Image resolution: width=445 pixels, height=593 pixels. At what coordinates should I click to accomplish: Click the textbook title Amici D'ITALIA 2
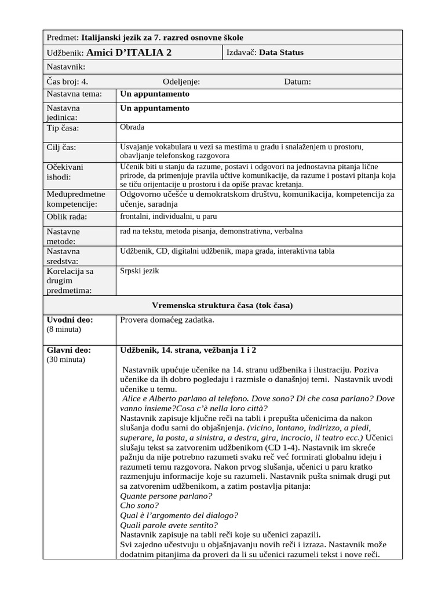132,53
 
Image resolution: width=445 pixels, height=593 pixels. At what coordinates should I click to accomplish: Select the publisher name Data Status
281,53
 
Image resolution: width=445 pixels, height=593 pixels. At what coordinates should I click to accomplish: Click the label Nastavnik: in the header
65,67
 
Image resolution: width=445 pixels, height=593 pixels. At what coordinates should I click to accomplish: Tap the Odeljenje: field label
181,82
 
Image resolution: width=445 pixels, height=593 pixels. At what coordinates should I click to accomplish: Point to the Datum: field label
297,82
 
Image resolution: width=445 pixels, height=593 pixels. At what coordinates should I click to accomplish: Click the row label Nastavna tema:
74,94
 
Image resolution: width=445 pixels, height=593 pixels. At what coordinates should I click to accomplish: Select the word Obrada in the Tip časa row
132,127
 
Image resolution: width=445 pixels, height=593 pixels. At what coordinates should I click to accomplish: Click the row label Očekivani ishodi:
65,172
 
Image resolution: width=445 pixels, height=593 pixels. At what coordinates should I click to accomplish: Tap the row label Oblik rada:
67,217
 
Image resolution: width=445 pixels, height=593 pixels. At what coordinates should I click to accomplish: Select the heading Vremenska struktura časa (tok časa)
222,305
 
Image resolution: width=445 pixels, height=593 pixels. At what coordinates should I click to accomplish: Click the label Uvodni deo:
70,320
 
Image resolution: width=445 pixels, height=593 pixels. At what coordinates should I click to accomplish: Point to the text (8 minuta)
64,330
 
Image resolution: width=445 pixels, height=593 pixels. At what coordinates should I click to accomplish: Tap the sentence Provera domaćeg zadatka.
167,320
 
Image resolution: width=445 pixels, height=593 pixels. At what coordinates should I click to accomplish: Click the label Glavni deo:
69,350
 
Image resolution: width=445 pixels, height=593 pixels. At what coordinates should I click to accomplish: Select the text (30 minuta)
65,360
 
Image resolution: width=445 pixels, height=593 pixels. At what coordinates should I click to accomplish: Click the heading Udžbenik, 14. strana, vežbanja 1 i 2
188,350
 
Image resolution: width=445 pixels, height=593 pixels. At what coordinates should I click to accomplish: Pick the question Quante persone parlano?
166,496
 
